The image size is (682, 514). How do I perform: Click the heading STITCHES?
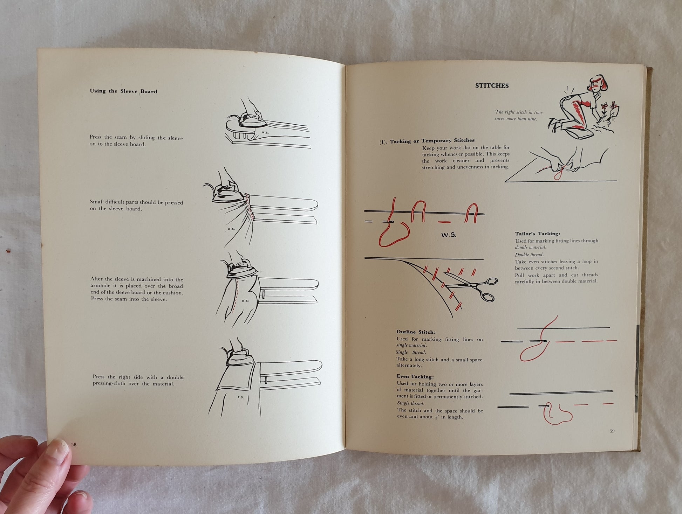[x=492, y=86]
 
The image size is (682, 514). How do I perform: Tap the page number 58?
[x=74, y=444]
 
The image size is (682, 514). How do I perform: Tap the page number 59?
[x=612, y=431]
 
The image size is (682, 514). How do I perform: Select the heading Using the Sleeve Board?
[x=123, y=91]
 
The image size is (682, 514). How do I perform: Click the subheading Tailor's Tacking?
[x=538, y=234]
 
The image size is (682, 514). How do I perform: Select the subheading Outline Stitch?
[x=416, y=332]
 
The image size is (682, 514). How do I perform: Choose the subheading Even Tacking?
[x=415, y=376]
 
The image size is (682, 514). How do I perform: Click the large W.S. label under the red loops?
[x=449, y=235]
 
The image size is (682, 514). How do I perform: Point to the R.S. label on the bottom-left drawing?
[x=241, y=397]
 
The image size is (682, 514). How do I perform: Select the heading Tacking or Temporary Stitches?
[x=432, y=141]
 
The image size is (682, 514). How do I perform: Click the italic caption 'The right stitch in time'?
[x=519, y=112]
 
